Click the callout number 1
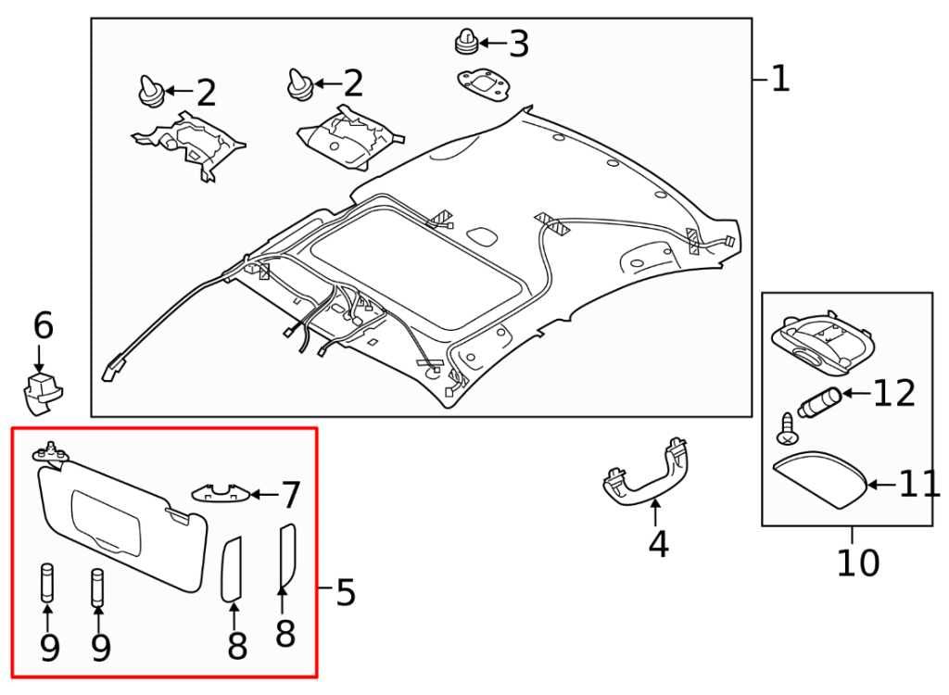[780, 80]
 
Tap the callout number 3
[518, 44]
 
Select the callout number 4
[657, 544]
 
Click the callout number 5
[345, 591]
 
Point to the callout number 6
[43, 326]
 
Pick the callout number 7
[291, 496]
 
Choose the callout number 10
[857, 562]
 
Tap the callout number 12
[893, 394]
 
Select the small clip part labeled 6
[44, 390]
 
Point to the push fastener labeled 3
[466, 43]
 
